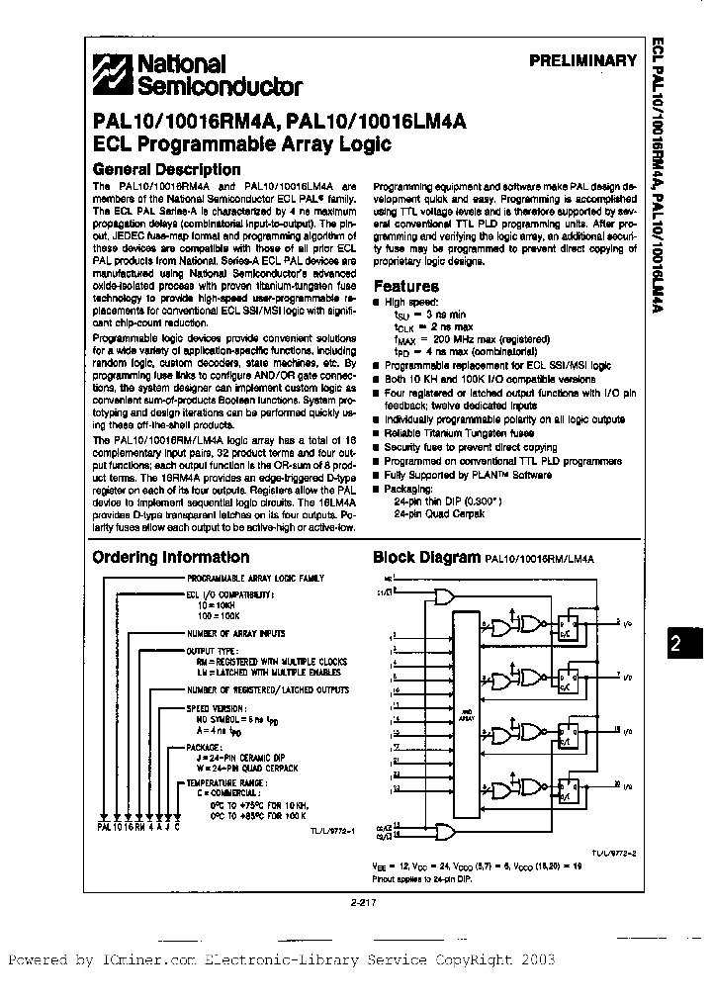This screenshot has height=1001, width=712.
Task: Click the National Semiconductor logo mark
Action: (111, 74)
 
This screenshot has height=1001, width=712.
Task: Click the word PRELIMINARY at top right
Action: (582, 61)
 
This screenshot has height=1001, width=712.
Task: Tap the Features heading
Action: (405, 286)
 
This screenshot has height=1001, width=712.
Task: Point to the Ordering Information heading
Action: (170, 557)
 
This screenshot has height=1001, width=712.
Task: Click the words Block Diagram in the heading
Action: (426, 557)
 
